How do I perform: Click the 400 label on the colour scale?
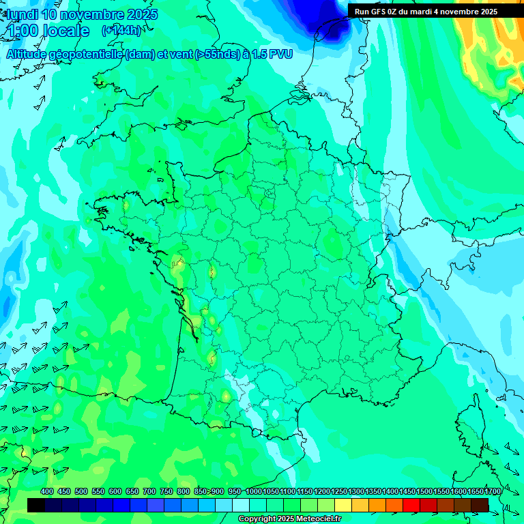47,492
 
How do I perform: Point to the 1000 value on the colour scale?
254,492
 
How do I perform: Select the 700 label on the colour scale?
149,492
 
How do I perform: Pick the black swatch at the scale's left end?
36,505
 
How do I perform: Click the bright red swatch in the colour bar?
411,505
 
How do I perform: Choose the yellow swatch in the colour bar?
343,505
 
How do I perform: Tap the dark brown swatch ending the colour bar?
480,505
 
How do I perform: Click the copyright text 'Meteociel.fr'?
318,519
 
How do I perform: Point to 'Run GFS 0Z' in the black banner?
377,12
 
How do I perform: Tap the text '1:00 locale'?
48,31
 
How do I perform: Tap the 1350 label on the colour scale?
373,492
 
